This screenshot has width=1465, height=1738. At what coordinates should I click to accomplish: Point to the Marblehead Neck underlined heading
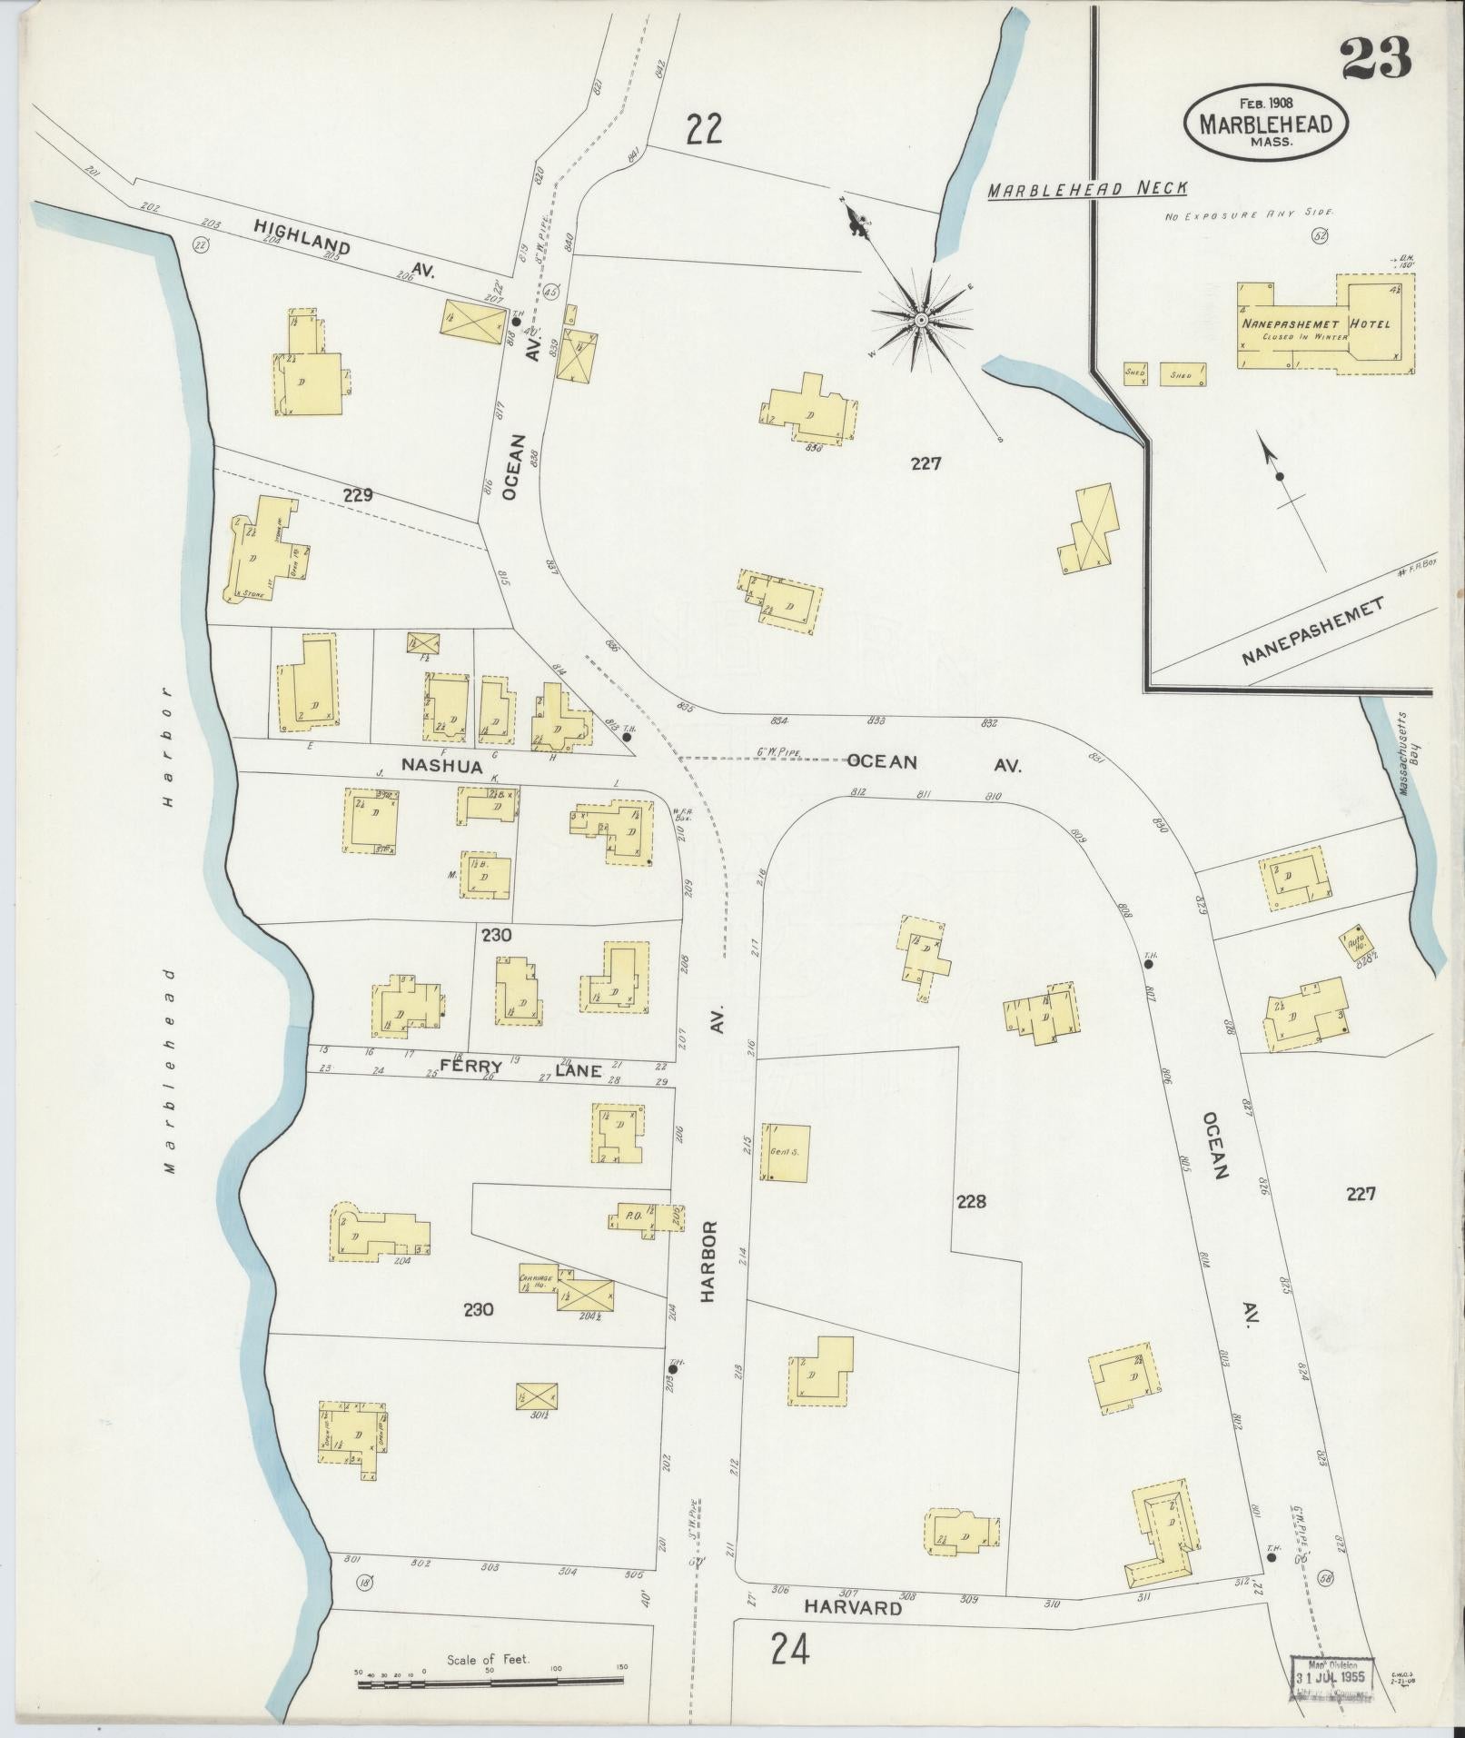pos(1088,189)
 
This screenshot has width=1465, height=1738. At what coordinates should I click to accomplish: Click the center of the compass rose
pos(921,319)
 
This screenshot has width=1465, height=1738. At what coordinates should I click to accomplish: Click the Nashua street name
pos(442,766)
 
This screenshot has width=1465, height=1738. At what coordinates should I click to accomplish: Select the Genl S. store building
pos(787,1153)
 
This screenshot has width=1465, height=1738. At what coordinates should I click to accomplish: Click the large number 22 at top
pos(704,129)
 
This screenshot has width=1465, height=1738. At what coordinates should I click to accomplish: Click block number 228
pos(970,1202)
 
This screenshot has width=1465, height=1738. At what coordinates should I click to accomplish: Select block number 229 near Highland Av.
pos(358,496)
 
